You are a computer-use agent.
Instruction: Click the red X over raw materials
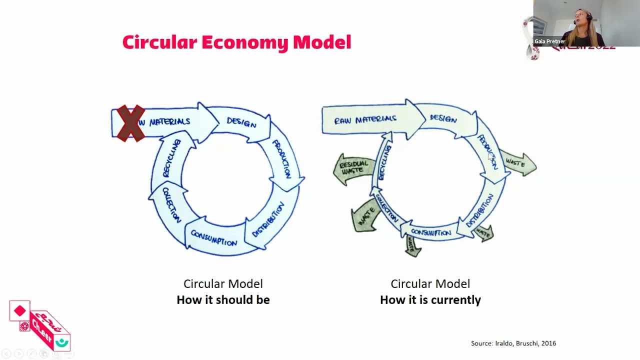[131, 123]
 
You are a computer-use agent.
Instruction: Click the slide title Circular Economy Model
[236, 42]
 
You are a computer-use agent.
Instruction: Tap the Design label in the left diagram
[241, 123]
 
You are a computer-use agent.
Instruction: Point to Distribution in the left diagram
[268, 219]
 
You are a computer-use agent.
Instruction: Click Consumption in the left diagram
[213, 238]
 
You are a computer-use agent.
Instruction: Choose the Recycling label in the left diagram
[171, 158]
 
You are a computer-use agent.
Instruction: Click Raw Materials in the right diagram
[365, 119]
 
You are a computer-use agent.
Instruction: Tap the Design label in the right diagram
[443, 119]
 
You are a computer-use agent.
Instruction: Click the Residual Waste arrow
[353, 167]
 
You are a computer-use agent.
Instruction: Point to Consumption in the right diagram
[430, 233]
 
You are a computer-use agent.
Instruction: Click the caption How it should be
[223, 300]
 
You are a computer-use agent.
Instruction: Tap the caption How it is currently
[430, 300]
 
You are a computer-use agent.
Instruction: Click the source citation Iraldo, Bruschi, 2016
[513, 343]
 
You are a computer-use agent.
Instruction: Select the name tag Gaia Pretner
[549, 41]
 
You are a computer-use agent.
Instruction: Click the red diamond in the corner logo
[20, 311]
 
